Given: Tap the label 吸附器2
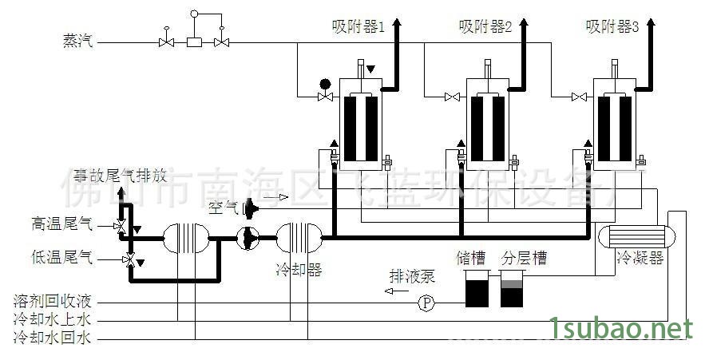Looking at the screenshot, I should (485, 27).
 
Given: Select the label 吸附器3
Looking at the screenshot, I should (612, 27).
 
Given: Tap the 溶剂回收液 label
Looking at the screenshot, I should (53, 303).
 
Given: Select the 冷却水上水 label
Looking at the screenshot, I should (53, 320).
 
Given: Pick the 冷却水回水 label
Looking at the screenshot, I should (53, 338).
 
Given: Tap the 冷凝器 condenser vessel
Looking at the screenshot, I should (630, 236).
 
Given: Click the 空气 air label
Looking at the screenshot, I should (224, 208).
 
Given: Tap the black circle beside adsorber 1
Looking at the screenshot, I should (325, 83).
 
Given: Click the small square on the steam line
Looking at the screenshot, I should (193, 42).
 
